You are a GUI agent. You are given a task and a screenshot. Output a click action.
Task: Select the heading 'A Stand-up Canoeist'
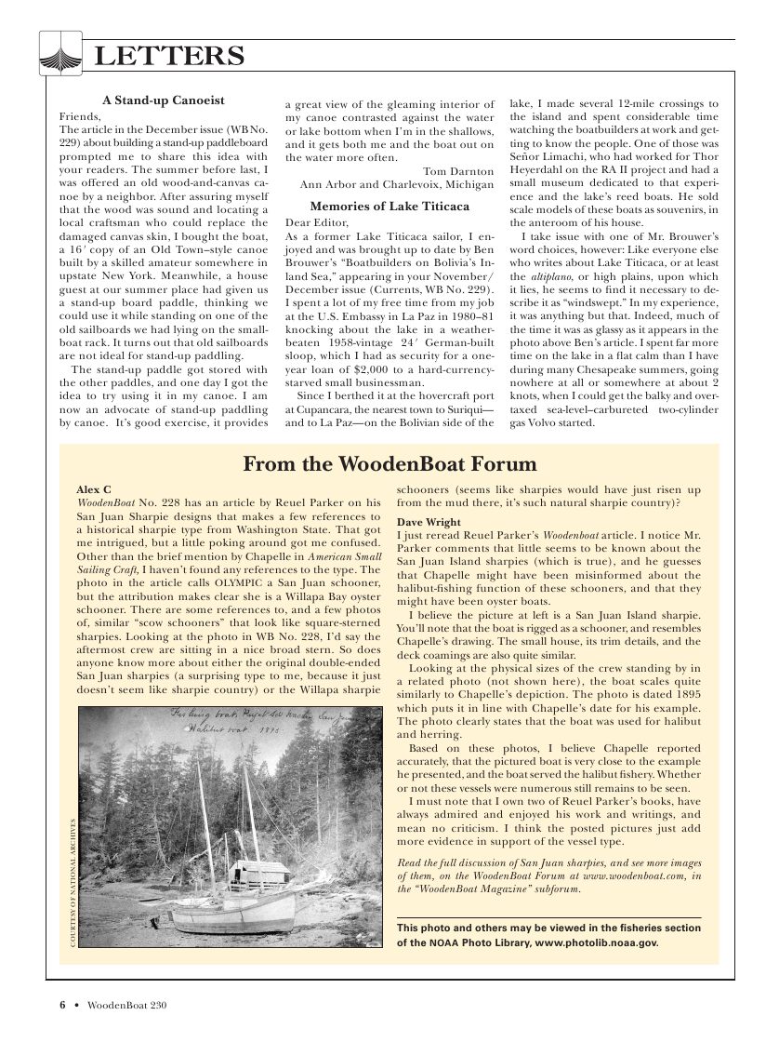[x=163, y=100]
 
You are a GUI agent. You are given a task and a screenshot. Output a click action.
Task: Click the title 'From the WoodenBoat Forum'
[x=389, y=463]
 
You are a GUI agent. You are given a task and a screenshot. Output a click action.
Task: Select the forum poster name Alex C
[x=93, y=488]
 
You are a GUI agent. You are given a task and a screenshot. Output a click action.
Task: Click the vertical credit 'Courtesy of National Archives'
[x=73, y=882]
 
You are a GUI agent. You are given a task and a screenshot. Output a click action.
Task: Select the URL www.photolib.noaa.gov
[x=596, y=942]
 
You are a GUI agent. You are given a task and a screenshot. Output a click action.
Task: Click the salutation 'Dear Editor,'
[x=317, y=224]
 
